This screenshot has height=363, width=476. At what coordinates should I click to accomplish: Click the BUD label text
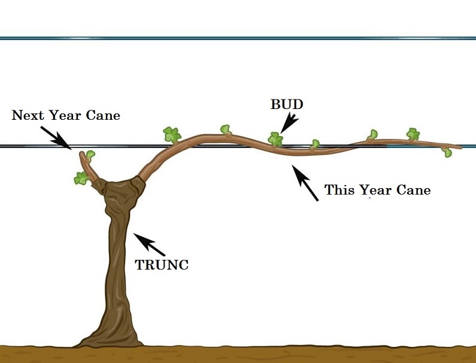coord(287,104)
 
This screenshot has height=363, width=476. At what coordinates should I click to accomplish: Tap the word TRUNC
coord(162,265)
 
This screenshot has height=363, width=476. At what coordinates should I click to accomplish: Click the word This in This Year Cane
coord(339,190)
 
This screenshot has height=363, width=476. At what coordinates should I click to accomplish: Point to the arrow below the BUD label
coord(289,123)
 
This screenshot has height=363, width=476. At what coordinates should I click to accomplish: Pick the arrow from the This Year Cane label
coord(305,182)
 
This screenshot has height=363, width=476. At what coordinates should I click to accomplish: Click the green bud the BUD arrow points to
coord(275,140)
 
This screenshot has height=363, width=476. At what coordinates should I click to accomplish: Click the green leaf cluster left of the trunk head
coord(81,178)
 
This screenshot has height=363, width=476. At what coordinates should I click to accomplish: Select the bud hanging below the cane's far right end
coord(446,152)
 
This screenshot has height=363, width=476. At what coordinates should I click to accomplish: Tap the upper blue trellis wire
coord(239,38)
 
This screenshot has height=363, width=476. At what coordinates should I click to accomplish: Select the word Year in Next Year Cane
coord(68,115)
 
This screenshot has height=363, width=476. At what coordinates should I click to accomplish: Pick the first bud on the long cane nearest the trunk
coord(172,134)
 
